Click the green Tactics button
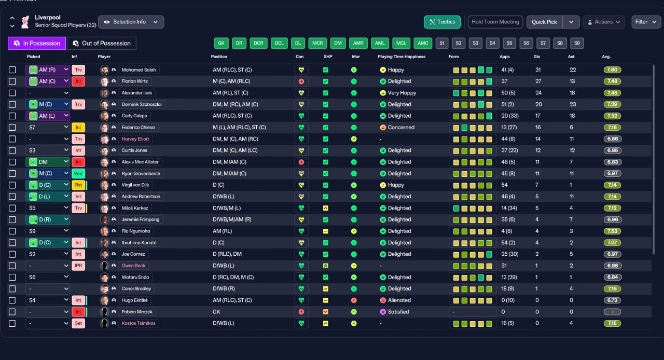pyautogui.click(x=442, y=22)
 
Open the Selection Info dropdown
pyautogui.click(x=131, y=22)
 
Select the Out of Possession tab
pyautogui.click(x=102, y=43)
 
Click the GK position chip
pyautogui.click(x=221, y=43)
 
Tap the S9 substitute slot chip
pyautogui.click(x=577, y=43)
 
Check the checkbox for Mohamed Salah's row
pyautogui.click(x=12, y=70)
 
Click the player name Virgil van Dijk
pyautogui.click(x=135, y=185)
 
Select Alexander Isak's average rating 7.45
pyautogui.click(x=612, y=93)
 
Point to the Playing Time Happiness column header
pyautogui.click(x=402, y=57)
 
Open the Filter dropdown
pyautogui.click(x=646, y=22)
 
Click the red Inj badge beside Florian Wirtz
pyautogui.click(x=78, y=81)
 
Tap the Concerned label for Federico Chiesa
pyautogui.click(x=401, y=128)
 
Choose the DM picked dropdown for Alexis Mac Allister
pyautogui.click(x=48, y=162)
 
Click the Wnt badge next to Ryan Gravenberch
pyautogui.click(x=78, y=173)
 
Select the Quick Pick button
pyautogui.click(x=544, y=22)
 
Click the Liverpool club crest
pyautogui.click(x=25, y=22)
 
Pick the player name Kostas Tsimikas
pyautogui.click(x=139, y=323)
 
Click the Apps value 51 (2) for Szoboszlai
pyautogui.click(x=507, y=104)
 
